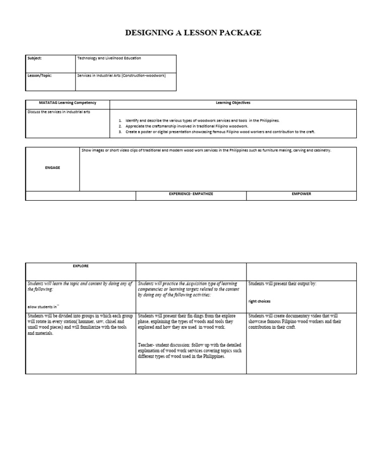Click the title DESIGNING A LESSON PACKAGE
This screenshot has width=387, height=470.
(x=193, y=33)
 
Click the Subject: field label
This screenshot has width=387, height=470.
(x=34, y=58)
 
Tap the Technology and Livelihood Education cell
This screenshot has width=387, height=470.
(x=109, y=58)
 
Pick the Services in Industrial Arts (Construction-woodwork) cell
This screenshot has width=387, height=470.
(x=121, y=75)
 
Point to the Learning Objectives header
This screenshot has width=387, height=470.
(x=233, y=103)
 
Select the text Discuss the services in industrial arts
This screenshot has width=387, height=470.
(x=59, y=112)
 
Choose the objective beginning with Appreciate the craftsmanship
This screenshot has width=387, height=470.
(x=186, y=126)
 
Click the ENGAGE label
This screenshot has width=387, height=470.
(x=52, y=168)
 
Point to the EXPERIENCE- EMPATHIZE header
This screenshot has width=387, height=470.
(x=191, y=194)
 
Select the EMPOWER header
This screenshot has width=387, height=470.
(x=301, y=194)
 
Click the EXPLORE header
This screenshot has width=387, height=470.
(x=81, y=266)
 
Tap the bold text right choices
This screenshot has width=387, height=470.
(x=260, y=302)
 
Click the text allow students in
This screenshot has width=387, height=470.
(x=43, y=306)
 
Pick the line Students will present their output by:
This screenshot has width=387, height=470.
(x=282, y=284)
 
